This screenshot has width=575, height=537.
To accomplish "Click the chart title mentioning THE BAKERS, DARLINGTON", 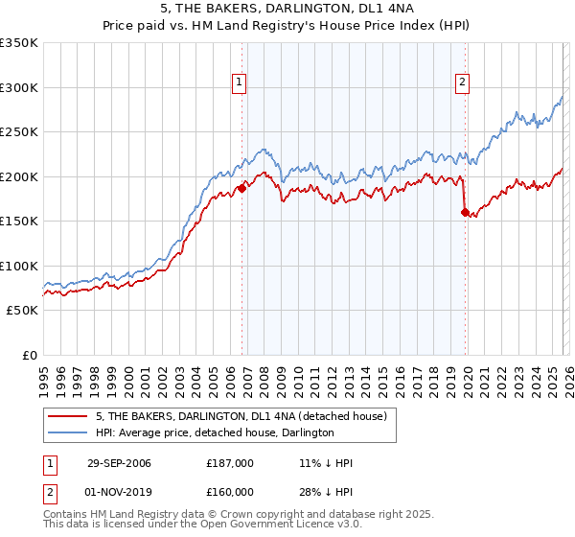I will (288, 9).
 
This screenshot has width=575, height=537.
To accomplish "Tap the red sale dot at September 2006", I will (241, 189).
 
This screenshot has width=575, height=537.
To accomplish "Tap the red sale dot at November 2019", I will (465, 213).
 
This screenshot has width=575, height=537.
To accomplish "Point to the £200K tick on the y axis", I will (19, 177).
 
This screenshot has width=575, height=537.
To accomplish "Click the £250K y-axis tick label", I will (19, 132).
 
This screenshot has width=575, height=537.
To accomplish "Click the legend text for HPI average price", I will (214, 433).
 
